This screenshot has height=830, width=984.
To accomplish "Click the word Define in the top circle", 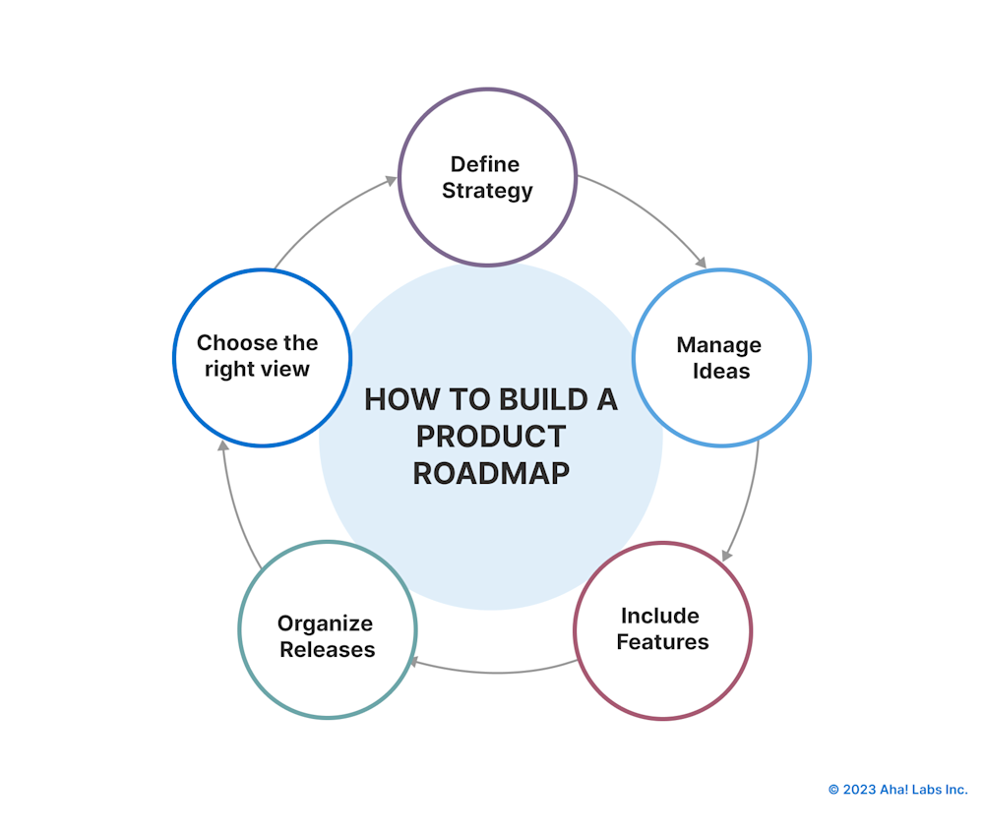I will click(x=485, y=164).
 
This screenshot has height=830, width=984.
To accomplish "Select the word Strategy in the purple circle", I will click(x=487, y=191).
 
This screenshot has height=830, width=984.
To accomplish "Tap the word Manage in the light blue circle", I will click(x=718, y=345).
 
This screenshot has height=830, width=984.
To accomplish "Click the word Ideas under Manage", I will click(x=720, y=372).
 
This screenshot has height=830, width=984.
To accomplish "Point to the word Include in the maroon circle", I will click(x=659, y=616).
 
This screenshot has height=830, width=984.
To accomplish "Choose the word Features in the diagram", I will click(x=662, y=642).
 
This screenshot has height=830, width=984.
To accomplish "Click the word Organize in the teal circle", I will click(x=325, y=623).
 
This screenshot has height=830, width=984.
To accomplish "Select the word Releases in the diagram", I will click(x=327, y=650).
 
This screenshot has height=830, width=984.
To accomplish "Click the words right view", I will click(x=257, y=370).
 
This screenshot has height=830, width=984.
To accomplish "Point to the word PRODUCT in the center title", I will click(x=490, y=436).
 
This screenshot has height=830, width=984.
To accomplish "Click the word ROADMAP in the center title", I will click(x=490, y=473).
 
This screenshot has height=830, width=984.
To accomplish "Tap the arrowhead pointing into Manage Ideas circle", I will click(x=701, y=262).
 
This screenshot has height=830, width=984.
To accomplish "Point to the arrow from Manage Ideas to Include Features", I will click(x=749, y=502).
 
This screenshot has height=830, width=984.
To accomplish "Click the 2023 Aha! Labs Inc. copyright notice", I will click(x=897, y=790).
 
